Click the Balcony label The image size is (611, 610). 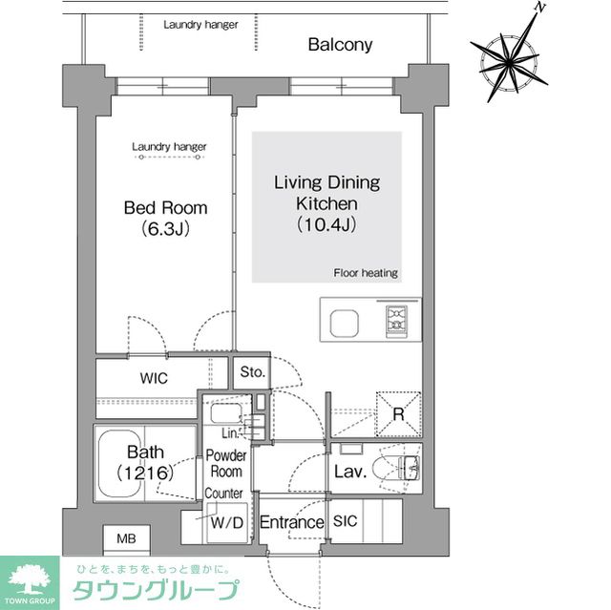point(340,45)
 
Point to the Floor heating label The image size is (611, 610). point(366,273)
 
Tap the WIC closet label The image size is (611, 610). point(153,379)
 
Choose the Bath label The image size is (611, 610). point(146,462)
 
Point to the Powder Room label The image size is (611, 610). point(226,464)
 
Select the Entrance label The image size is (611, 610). point(292,522)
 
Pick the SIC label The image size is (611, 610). point(346,522)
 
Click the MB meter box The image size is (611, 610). point(126,539)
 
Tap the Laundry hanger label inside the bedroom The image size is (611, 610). point(169,147)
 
